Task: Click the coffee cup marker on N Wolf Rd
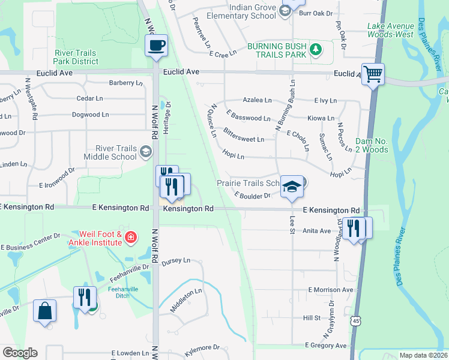156,46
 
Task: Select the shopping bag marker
45,311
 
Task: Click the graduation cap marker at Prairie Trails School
292,187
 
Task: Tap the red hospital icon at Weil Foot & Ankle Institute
130,238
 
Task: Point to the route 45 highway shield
357,322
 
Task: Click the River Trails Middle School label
116,152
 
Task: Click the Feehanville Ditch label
124,293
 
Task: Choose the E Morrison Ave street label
331,290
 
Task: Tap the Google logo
20,353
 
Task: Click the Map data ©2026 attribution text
423,355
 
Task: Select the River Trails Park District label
76,57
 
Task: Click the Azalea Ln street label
257,100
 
